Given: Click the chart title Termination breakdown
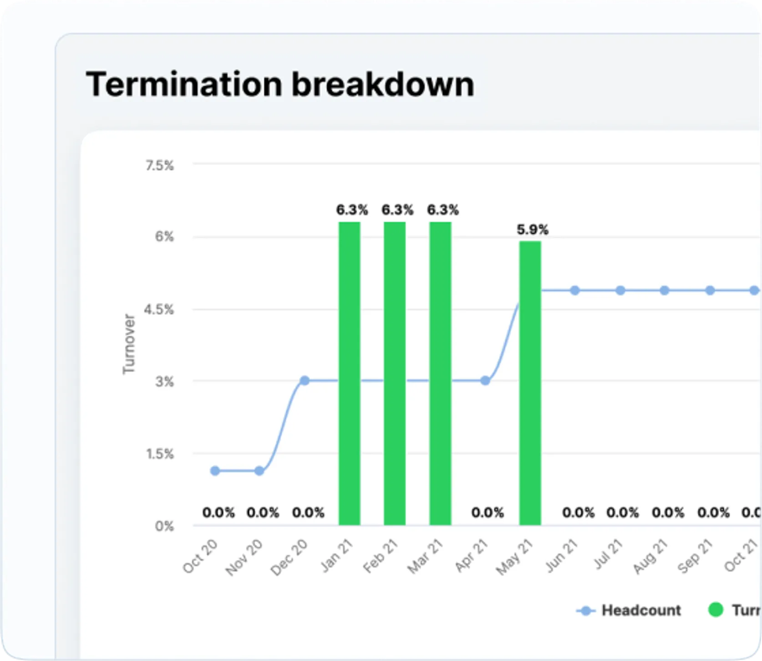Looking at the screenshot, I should point(279,85).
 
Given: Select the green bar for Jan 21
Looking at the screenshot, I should point(349,373).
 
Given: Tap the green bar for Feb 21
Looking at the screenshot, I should point(395,373).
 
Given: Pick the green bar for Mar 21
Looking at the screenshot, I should point(440,373).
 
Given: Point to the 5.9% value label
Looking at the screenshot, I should point(533,230).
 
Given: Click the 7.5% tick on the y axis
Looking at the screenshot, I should point(159,166).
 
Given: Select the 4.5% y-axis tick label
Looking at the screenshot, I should point(158,310).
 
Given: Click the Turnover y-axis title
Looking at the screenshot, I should point(129,344).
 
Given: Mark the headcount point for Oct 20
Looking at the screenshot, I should point(215,471).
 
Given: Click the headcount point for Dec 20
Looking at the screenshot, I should point(305,380).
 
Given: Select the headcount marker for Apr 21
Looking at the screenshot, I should point(485,380).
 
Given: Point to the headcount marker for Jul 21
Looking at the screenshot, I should point(620,290).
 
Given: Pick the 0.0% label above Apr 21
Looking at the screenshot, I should point(488,513).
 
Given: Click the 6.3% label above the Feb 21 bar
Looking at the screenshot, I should point(397,210).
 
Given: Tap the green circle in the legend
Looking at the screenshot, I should point(716,610).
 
